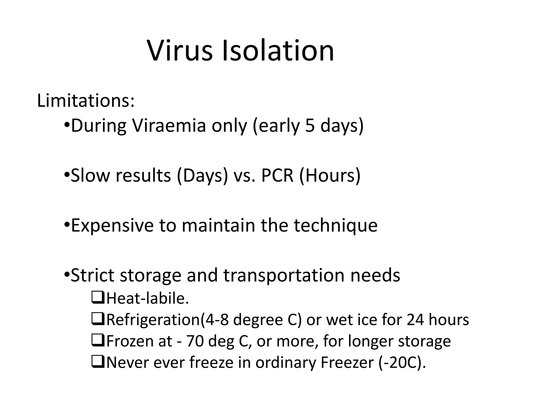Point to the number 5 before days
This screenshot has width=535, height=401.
[x=310, y=126]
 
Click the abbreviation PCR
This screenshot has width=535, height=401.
[x=277, y=175]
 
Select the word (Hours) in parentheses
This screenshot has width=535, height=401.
[x=330, y=175]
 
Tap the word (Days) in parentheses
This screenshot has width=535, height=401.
[x=202, y=175]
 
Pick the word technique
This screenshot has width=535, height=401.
[x=336, y=225]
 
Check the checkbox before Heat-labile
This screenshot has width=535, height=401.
[x=98, y=298]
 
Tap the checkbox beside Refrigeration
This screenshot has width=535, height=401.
[x=98, y=320]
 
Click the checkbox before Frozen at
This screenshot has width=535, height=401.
[x=98, y=341]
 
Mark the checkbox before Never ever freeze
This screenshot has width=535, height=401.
[x=98, y=363]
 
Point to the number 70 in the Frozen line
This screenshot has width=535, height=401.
[x=195, y=341]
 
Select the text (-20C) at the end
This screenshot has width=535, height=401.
[x=402, y=363]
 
